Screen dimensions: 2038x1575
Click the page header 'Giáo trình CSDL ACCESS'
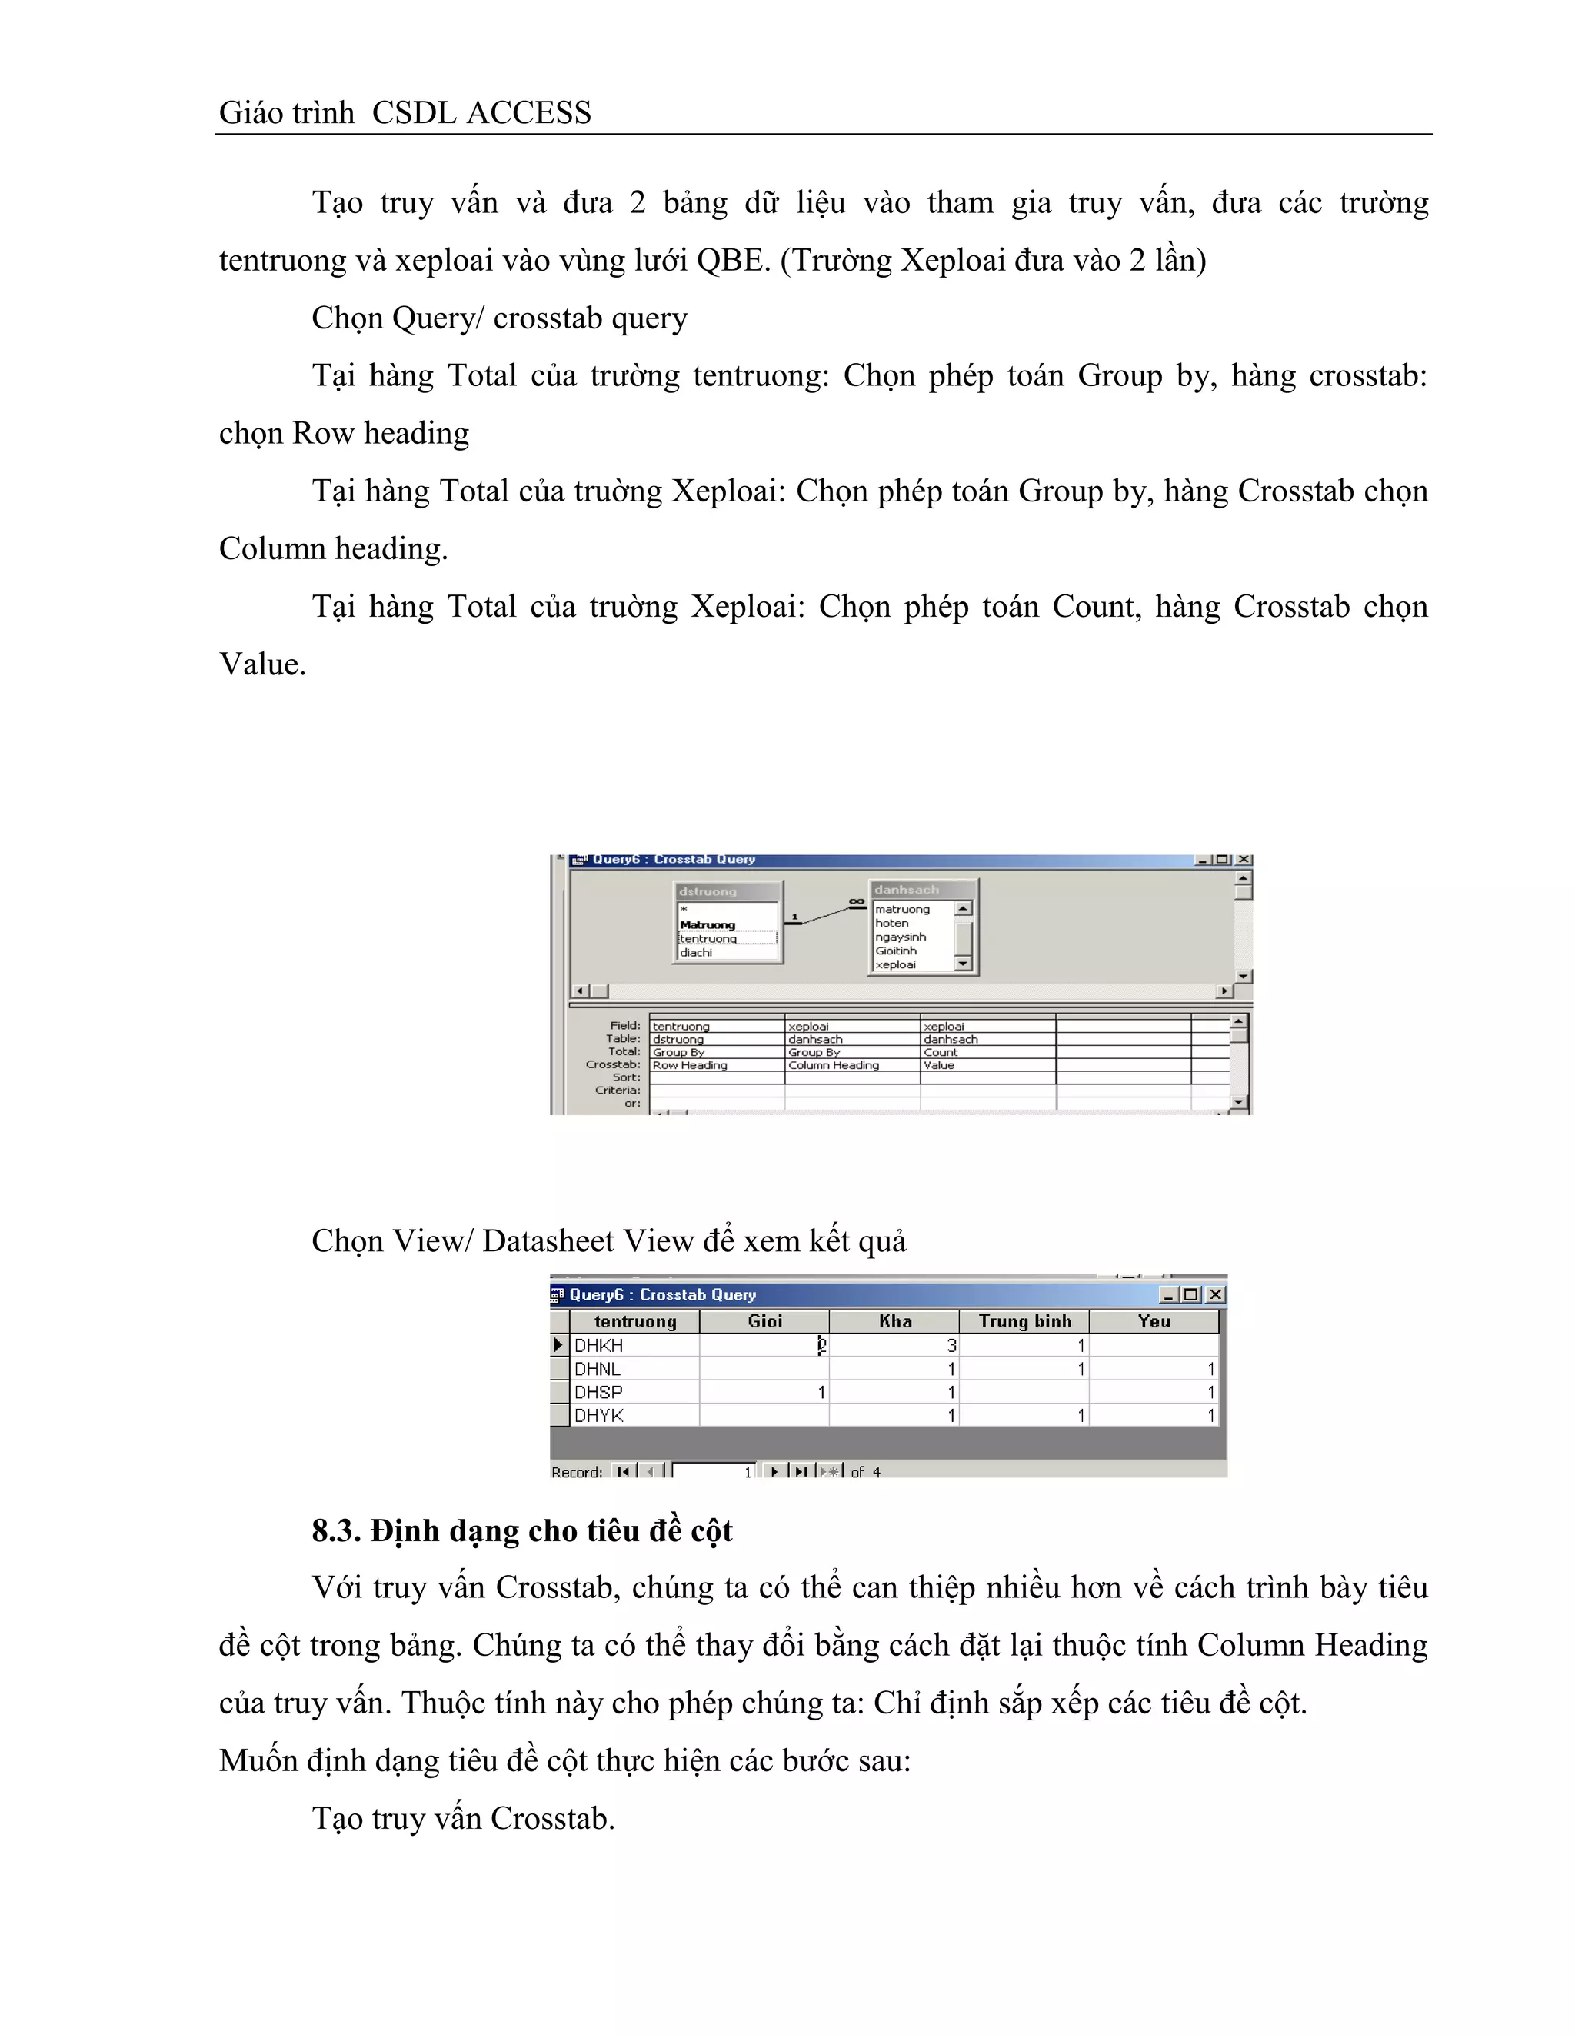[405, 113]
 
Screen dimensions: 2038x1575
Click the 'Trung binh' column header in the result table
[1024, 1321]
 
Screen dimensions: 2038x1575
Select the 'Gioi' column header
[765, 1321]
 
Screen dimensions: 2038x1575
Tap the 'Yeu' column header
[1154, 1321]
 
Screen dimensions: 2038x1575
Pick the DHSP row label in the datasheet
[599, 1392]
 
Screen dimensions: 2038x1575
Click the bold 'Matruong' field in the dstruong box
[708, 924]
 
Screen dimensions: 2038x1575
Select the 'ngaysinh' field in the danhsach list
[901, 937]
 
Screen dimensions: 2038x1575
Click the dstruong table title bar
[728, 891]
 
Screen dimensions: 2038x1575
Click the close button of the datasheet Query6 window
[1215, 1295]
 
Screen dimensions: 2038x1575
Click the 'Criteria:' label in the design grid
[618, 1090]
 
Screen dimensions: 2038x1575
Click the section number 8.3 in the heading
[335, 1531]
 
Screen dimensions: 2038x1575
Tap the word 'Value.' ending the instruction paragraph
[262, 664]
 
